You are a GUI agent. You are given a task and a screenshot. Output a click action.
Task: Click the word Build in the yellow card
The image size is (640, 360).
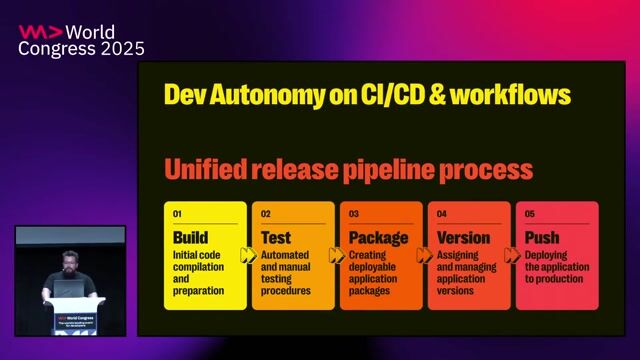[x=191, y=238]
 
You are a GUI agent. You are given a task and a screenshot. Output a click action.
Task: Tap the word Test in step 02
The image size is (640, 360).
[x=276, y=238]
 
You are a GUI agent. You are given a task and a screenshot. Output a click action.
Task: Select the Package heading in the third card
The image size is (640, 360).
[x=378, y=238]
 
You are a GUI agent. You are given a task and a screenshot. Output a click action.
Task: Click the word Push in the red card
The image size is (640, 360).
[x=542, y=238]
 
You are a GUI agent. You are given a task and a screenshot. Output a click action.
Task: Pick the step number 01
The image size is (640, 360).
[x=178, y=214]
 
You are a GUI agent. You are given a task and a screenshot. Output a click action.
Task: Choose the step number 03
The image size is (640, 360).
[x=354, y=214]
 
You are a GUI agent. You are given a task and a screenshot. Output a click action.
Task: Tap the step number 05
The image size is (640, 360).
[x=530, y=214]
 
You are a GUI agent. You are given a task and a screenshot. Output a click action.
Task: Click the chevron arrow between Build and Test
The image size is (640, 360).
[x=248, y=256]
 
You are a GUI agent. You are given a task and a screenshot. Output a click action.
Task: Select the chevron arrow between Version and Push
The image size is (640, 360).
[x=513, y=256]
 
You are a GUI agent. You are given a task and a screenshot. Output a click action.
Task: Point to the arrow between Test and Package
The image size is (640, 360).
[x=337, y=256]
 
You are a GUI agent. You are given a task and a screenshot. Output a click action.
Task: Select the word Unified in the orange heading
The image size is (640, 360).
[x=207, y=168]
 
